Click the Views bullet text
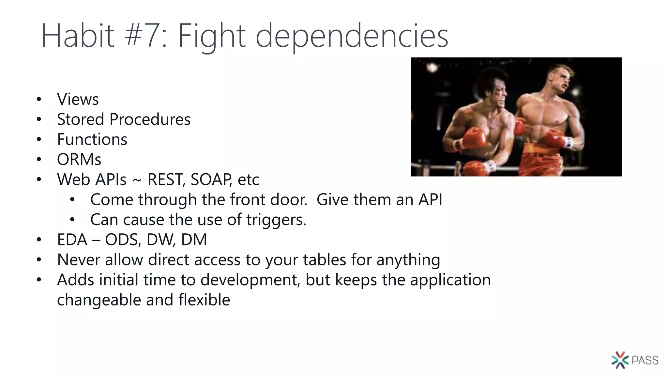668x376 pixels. (x=78, y=99)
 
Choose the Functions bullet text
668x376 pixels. (x=92, y=139)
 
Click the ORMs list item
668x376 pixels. (x=79, y=160)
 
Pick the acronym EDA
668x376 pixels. (x=72, y=240)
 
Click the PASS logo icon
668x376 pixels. (x=620, y=360)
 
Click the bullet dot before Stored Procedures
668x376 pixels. (x=39, y=119)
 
